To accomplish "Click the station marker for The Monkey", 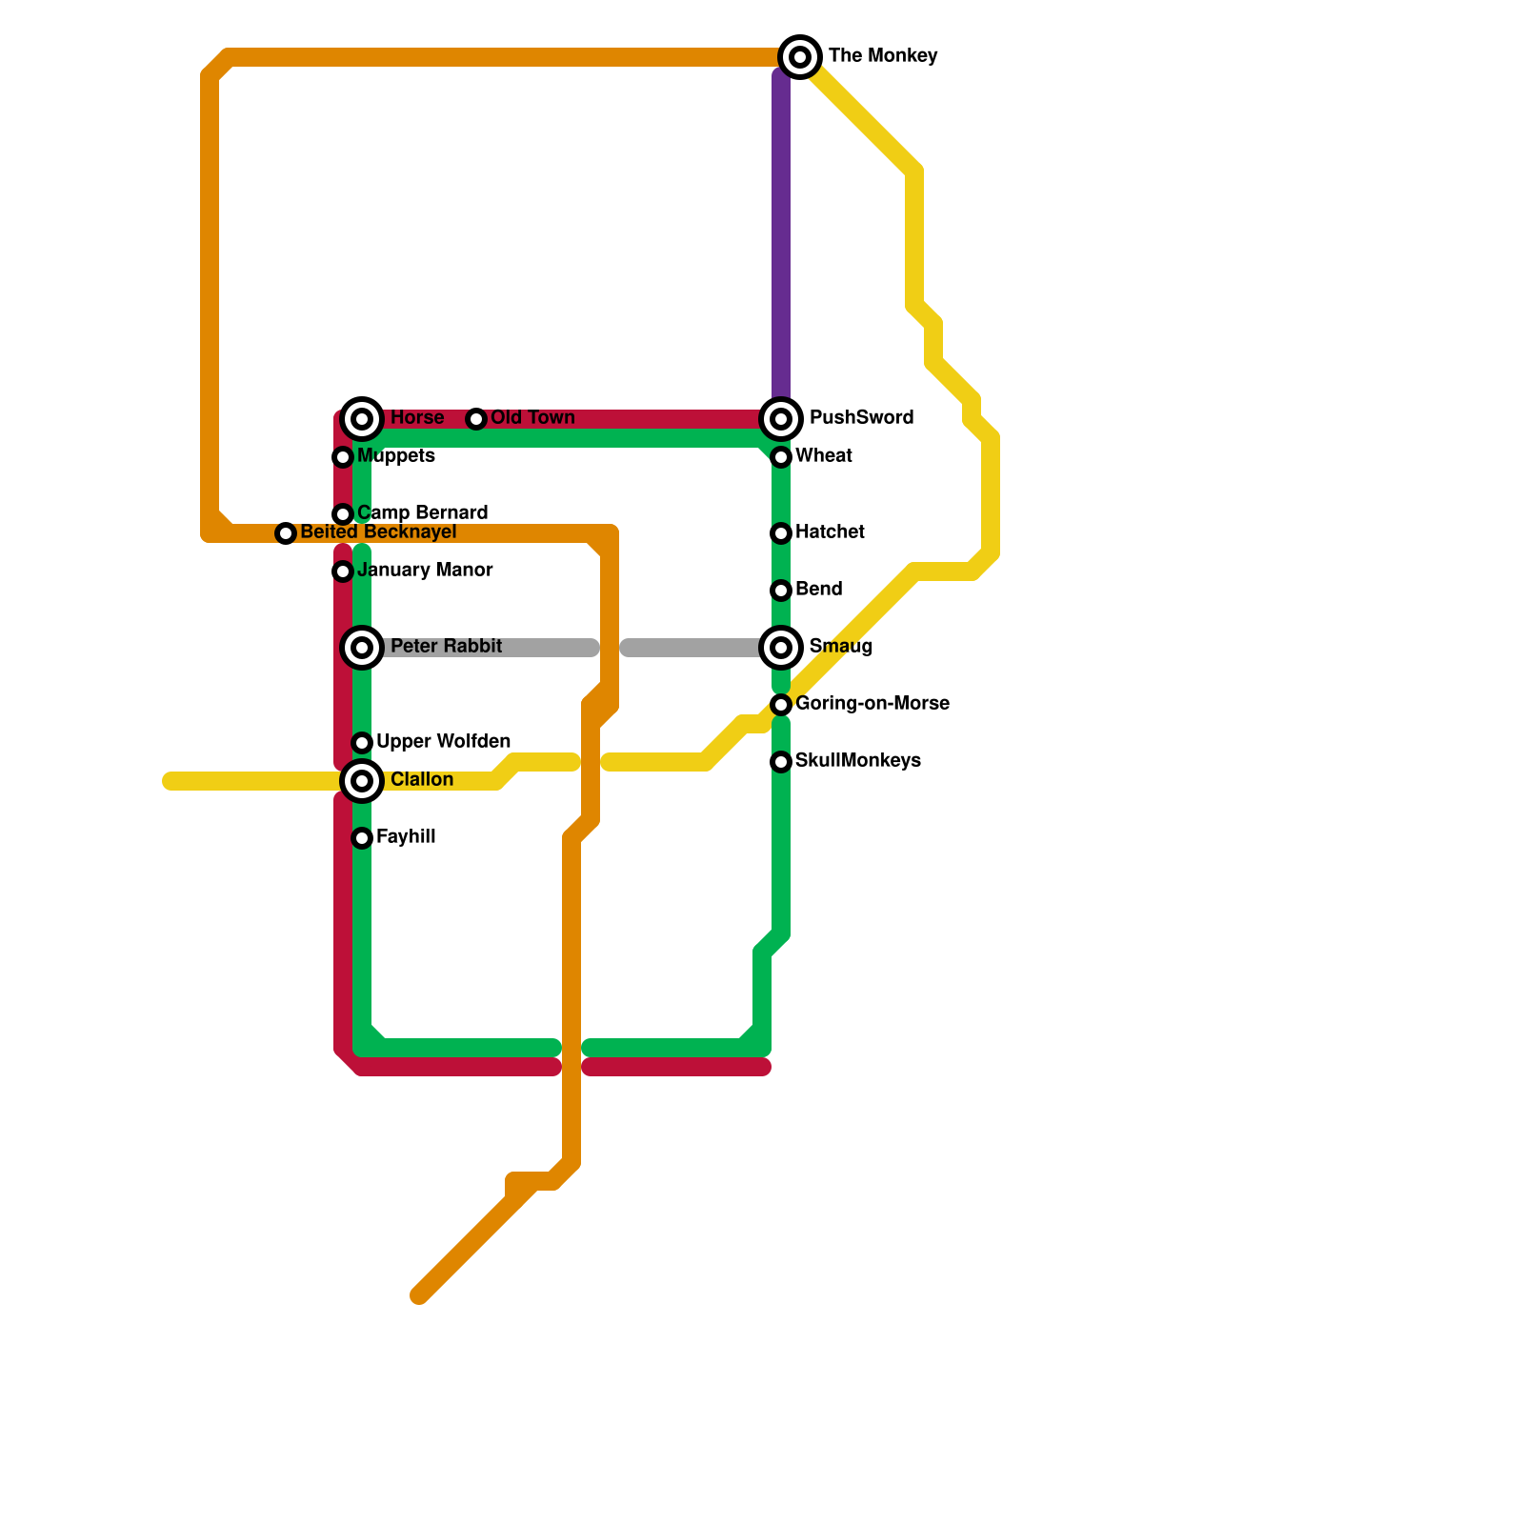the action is [800, 57].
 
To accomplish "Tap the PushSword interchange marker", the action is [781, 419].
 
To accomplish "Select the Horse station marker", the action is [362, 419].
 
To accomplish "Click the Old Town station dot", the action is [476, 419].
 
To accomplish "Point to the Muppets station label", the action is [396, 456].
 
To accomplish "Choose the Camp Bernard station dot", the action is [343, 514].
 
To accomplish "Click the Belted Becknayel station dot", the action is [286, 533].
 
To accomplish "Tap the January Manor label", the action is [425, 571].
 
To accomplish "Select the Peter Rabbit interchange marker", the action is [362, 648].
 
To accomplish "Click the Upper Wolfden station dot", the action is [362, 743].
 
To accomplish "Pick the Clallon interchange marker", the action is [362, 781].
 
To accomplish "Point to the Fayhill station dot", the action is [362, 838].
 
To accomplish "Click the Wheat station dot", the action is [781, 457].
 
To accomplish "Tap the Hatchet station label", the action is [830, 532].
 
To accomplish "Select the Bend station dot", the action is [781, 591].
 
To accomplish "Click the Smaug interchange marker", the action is [781, 648].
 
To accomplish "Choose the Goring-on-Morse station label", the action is [872, 704].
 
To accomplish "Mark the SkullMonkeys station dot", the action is [781, 762].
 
